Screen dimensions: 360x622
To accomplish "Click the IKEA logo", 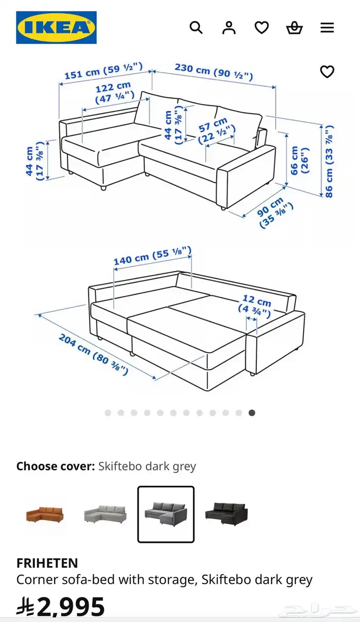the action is (x=57, y=27).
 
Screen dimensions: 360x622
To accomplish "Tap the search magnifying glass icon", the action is (x=196, y=28).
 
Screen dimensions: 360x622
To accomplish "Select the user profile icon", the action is (x=229, y=28).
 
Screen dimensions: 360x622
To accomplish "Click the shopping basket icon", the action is (x=294, y=28).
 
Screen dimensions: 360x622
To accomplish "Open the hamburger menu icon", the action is (x=327, y=28).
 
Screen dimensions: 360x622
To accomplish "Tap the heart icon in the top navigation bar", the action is (x=262, y=28).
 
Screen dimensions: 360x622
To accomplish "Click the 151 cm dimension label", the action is (x=104, y=71).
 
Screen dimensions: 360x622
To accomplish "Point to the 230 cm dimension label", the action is (x=214, y=72).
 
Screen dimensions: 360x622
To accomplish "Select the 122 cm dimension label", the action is (x=114, y=93).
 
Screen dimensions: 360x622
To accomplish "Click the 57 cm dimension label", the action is (x=217, y=130).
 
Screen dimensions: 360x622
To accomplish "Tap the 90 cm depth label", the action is (x=274, y=212).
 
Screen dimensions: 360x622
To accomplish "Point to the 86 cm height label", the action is (x=329, y=162).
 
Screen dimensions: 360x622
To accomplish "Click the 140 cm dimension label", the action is (x=152, y=255).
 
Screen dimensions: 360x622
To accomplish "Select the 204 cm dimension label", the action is (x=94, y=354).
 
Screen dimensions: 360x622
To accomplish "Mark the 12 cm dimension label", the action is (x=255, y=307).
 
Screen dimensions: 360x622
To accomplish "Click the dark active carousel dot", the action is (x=252, y=413).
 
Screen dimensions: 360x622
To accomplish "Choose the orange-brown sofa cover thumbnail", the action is (x=45, y=514).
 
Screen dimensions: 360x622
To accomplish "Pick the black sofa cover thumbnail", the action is (x=226, y=514).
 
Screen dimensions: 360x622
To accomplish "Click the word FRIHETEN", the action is (x=47, y=563).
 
